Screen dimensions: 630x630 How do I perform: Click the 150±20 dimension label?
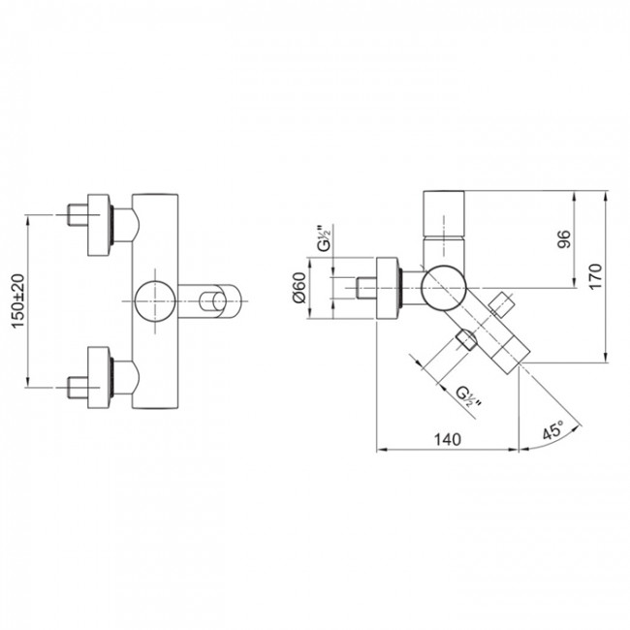(18, 301)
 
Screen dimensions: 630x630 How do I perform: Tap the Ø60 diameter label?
(299, 288)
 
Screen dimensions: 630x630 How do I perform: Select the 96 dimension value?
(564, 239)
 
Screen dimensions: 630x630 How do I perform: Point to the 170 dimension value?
(595, 276)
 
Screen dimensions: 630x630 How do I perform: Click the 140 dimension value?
(447, 440)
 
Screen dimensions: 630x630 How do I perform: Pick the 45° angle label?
(553, 430)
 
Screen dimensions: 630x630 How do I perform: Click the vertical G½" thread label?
(326, 237)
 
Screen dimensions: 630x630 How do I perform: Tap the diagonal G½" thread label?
(469, 396)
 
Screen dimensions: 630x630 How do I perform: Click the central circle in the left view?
(155, 301)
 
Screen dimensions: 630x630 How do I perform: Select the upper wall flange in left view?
(99, 226)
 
